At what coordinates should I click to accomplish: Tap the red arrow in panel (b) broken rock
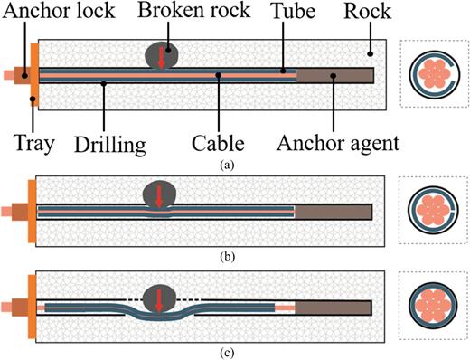point(160,197)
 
